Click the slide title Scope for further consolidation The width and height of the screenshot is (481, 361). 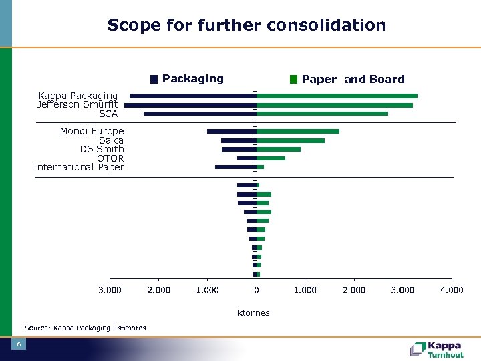[247, 25]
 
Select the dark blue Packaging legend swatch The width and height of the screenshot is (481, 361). [154, 79]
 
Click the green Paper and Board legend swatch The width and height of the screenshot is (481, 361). [293, 79]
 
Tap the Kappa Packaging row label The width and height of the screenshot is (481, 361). [77, 96]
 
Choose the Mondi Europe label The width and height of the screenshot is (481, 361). [92, 131]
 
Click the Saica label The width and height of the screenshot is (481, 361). [111, 140]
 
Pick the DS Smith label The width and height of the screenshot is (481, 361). [102, 149]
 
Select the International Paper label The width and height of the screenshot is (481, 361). [79, 167]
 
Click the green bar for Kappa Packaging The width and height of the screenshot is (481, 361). [337, 96]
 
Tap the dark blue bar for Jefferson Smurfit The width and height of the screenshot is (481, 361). [190, 105]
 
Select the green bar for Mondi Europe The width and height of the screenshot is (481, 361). [298, 131]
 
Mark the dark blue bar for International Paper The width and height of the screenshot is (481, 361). [235, 167]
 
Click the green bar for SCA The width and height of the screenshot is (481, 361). [322, 114]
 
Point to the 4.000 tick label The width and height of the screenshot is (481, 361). [452, 290]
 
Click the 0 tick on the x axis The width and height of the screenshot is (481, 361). [257, 290]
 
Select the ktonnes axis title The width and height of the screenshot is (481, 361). [254, 312]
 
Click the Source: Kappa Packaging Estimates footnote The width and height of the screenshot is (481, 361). [85, 328]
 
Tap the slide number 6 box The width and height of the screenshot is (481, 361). [19, 344]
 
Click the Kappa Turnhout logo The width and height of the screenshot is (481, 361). [437, 349]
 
